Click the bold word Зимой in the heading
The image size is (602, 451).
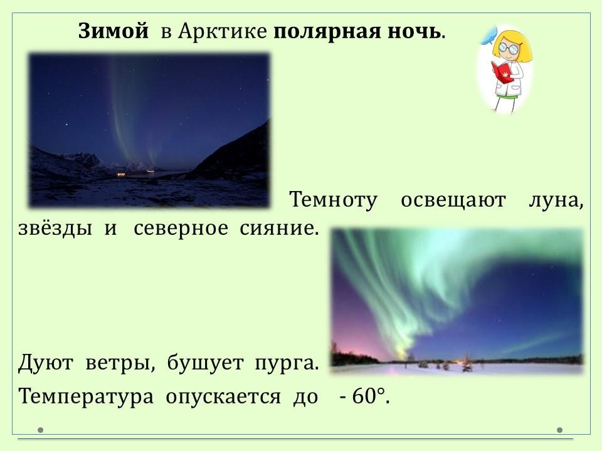pos(114,31)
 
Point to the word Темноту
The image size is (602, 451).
pos(333,200)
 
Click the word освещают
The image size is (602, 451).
pos(453,200)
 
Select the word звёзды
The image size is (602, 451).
pos(55,228)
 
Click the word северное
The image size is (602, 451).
pos(181,229)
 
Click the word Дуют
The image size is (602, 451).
pos(46,363)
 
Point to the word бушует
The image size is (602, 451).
pos(205,363)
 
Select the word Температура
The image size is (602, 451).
pos(86,397)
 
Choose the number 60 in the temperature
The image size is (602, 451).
pos(363,396)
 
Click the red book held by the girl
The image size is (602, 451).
pos(502,71)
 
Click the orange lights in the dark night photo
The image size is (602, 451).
pos(121,175)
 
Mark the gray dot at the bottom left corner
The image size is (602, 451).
pos(40,430)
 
